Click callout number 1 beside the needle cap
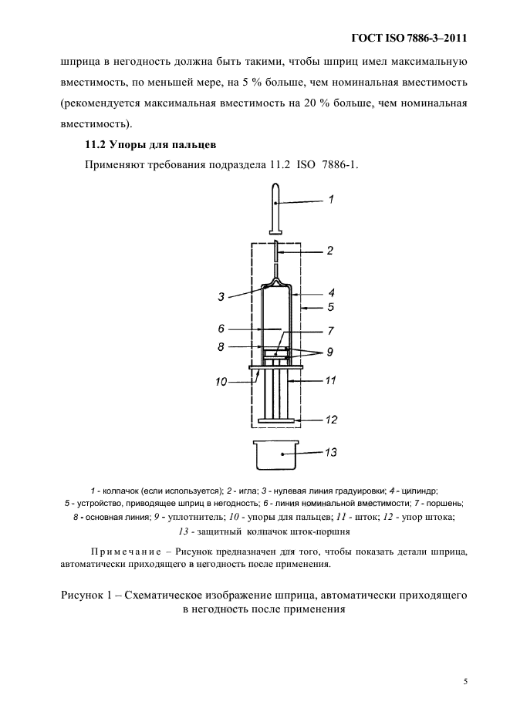330,200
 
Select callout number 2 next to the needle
329,251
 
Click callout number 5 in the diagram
330,308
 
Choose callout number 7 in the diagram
330,331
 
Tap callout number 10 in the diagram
221,381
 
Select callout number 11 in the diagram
330,380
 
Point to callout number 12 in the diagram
330,420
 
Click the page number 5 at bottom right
465,681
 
